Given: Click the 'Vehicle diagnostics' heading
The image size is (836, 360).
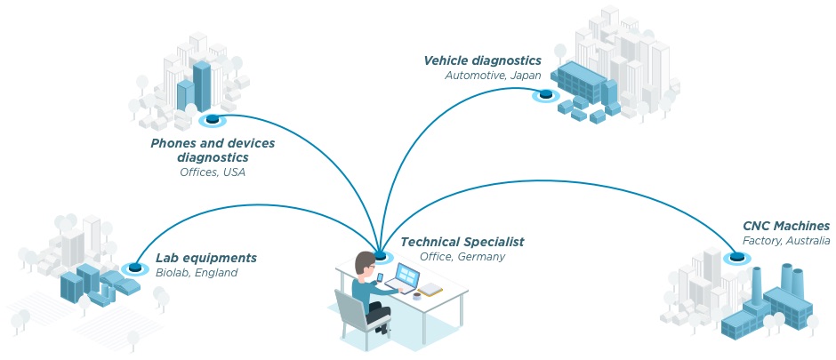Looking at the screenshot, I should click(482, 60).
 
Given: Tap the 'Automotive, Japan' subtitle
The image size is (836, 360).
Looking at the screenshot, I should click(493, 76).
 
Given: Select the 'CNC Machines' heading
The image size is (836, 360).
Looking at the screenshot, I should click(786, 227).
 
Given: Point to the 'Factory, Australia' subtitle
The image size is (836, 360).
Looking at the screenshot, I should click(786, 241).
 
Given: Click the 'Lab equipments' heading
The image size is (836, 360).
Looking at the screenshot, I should click(206, 258).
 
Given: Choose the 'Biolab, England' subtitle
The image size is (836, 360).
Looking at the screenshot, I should click(197, 273).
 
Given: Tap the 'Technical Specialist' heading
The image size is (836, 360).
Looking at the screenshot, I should click(462, 242).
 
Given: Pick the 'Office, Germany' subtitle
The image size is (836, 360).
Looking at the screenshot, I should click(462, 257).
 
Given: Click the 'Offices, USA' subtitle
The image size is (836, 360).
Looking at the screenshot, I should click(213, 172).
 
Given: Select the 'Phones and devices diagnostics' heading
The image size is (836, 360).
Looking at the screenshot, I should click(213, 150).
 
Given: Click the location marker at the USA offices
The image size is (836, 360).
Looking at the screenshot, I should click(212, 120).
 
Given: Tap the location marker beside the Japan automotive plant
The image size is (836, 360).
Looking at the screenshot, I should click(542, 95).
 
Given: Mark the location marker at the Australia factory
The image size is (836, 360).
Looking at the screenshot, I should click(736, 259).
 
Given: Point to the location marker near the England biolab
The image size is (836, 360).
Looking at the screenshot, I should click(135, 266).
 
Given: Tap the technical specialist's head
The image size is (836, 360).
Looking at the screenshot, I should click(366, 264).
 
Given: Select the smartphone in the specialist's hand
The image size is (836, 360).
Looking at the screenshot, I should click(380, 278).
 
